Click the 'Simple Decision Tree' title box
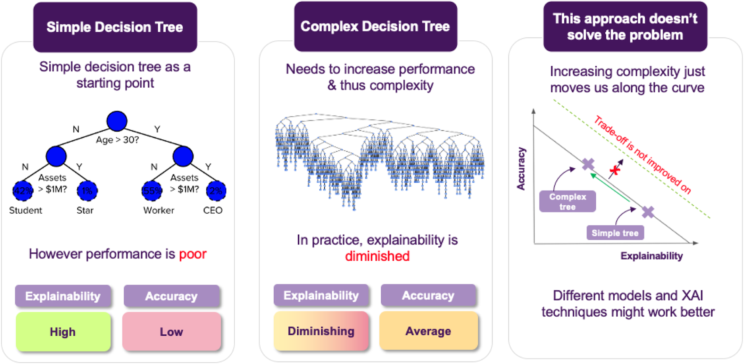115,27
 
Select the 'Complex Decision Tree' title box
375,26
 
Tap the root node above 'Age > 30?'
117,121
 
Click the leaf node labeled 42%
23,191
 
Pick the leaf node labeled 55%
152,191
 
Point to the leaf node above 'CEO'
216,191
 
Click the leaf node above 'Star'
87,191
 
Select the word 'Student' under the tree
26,210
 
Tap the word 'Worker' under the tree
159,210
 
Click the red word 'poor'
193,254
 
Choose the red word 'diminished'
377,256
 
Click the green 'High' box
63,332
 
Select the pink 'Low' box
171,332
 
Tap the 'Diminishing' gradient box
321,331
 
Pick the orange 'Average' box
428,331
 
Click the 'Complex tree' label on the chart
567,202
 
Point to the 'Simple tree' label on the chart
615,233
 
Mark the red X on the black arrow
615,170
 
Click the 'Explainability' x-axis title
651,256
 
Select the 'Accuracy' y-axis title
521,169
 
